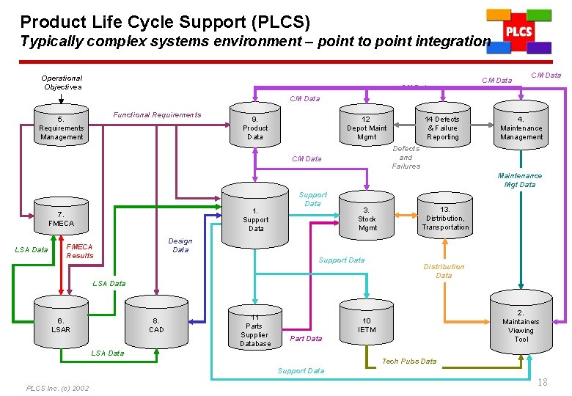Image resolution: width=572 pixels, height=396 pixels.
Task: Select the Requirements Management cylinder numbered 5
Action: [62, 128]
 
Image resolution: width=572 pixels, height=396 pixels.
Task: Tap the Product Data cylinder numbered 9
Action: [255, 128]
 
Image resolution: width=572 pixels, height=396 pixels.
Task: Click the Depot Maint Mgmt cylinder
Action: [367, 128]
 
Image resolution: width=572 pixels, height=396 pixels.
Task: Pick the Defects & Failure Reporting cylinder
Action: [442, 128]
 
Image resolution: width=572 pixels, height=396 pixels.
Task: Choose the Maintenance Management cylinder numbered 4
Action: [521, 128]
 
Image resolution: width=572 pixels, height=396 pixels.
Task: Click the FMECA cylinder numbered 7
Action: [62, 219]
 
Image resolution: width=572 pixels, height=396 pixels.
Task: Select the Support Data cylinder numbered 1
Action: [255, 219]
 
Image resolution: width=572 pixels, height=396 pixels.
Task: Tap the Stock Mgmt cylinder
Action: [367, 219]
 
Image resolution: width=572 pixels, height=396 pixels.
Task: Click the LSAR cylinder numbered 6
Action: [62, 325]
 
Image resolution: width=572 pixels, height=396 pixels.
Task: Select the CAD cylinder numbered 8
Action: [157, 325]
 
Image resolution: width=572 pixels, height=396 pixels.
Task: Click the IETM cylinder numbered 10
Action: [367, 325]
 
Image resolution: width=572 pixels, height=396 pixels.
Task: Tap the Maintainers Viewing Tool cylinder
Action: [521, 325]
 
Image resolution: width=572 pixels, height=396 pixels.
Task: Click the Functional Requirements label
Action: [157, 114]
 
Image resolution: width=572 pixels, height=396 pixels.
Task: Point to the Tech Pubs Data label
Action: [409, 361]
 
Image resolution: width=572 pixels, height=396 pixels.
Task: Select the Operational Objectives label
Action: [62, 82]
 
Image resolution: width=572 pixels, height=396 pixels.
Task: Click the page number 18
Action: [543, 383]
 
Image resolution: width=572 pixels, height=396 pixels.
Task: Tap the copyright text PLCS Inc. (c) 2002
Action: [57, 388]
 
